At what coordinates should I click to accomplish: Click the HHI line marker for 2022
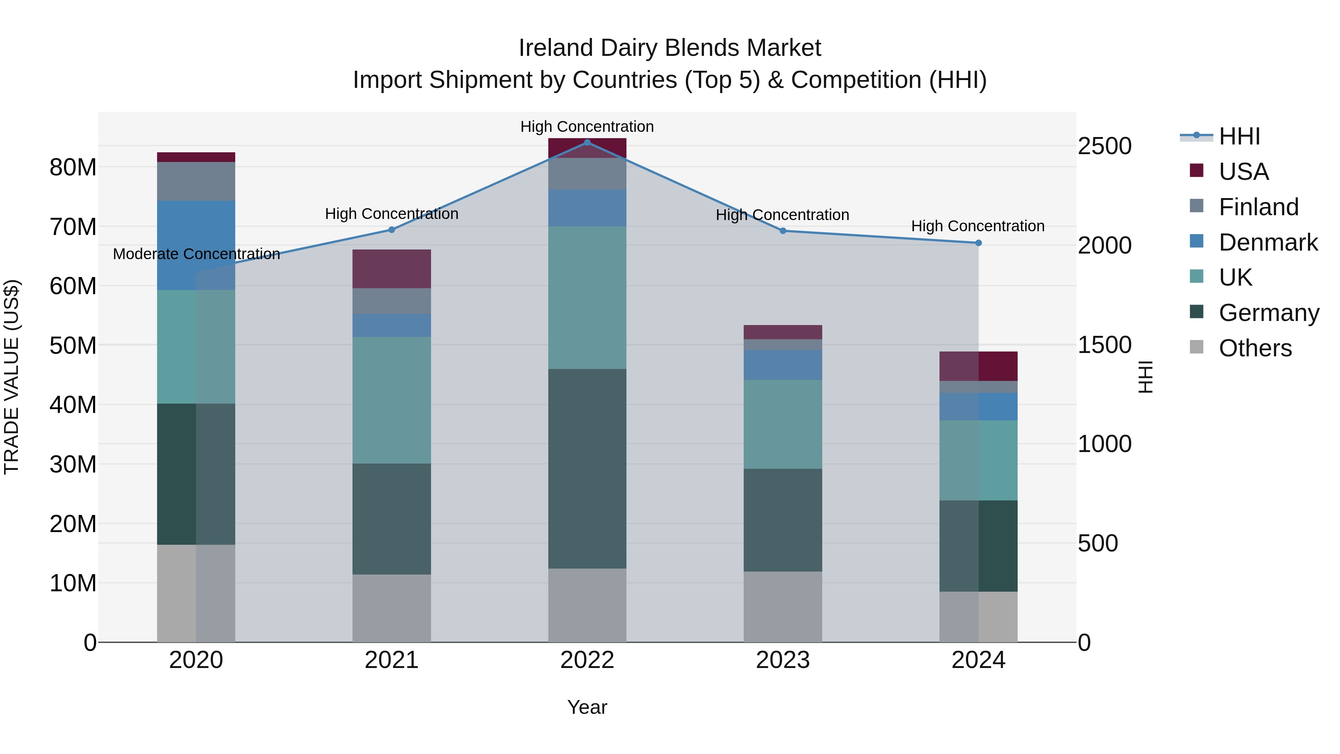click(587, 142)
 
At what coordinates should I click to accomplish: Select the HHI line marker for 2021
click(392, 229)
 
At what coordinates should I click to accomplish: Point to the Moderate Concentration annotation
click(196, 254)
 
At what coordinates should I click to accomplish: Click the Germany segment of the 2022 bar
click(587, 468)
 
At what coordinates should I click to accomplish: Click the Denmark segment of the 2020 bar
click(196, 245)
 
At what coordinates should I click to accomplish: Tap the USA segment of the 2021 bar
click(392, 268)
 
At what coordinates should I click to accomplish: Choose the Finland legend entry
click(1258, 207)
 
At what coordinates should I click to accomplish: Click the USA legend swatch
click(1196, 171)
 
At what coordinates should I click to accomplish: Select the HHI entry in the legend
click(1239, 136)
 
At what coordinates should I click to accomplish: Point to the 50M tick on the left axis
click(73, 346)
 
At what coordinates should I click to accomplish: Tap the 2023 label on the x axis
click(782, 660)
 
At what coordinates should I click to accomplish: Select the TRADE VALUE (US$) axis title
click(12, 377)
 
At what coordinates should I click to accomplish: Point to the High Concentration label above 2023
click(782, 215)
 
